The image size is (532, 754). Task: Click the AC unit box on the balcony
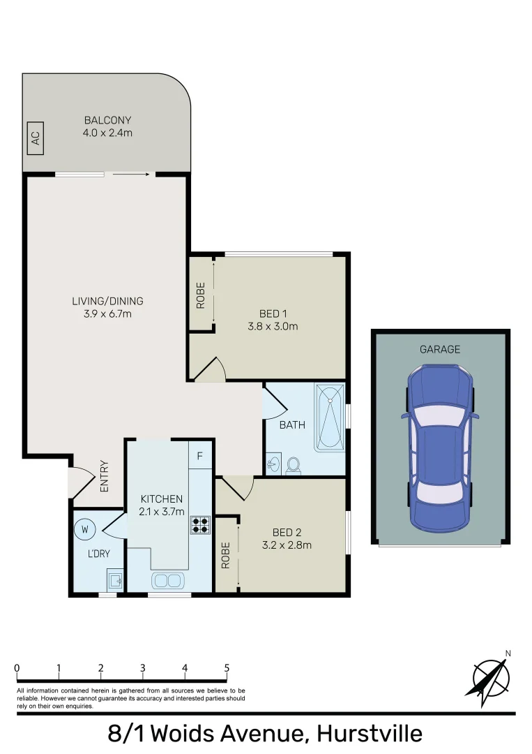click(x=35, y=139)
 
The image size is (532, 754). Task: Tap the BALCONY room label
click(x=107, y=120)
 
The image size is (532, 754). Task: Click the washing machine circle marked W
click(x=85, y=530)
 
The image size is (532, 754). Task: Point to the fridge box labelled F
click(x=200, y=457)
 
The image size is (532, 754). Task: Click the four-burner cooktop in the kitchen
click(x=200, y=524)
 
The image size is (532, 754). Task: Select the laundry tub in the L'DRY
click(x=115, y=579)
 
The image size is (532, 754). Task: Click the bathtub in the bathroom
click(x=330, y=417)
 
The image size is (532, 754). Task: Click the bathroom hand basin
click(x=273, y=465)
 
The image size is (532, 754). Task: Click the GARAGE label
click(x=439, y=349)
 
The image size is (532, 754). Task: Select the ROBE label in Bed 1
click(x=201, y=294)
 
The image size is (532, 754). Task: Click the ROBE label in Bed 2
click(x=225, y=556)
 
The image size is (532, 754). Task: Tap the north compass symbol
click(x=491, y=677)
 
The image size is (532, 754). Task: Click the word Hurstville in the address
click(x=369, y=734)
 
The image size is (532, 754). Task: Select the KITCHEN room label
click(x=162, y=498)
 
